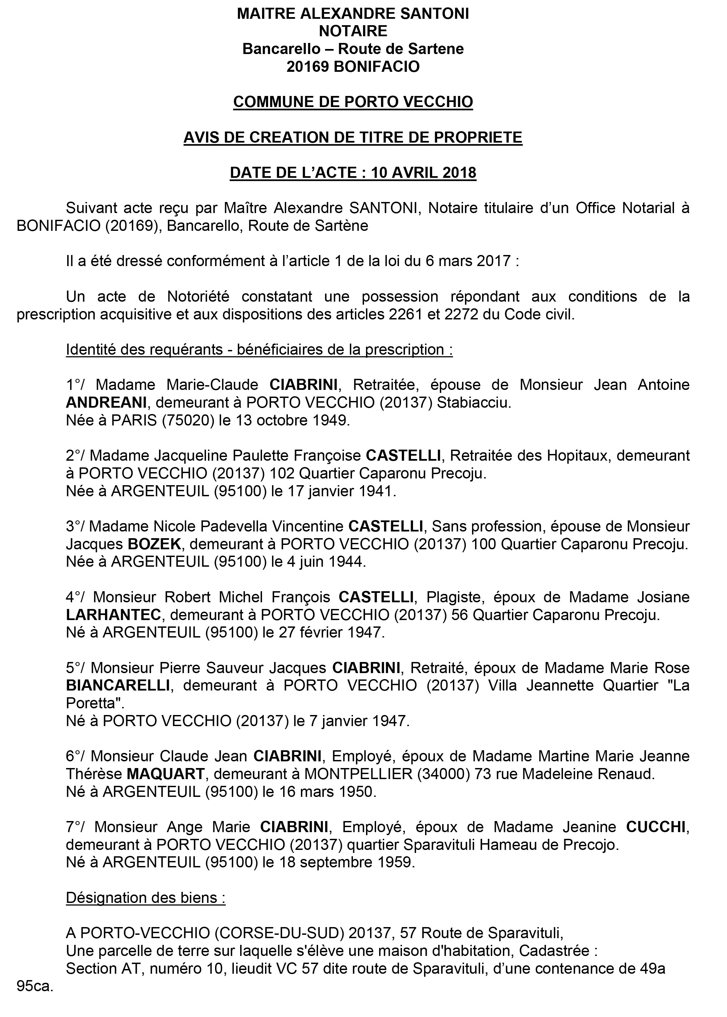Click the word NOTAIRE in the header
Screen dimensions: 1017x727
(x=353, y=31)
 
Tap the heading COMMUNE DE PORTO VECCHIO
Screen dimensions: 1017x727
(x=353, y=102)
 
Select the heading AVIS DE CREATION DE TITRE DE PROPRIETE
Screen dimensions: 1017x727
(x=353, y=138)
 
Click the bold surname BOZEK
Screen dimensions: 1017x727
(x=154, y=544)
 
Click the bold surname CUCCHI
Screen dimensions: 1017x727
(x=656, y=827)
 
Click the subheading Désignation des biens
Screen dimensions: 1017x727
(x=146, y=898)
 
